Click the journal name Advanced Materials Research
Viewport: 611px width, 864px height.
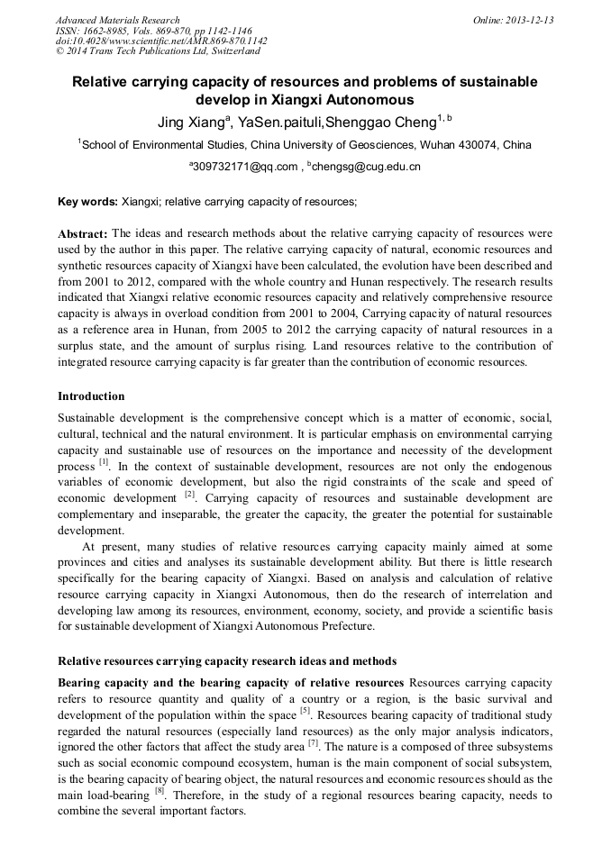click(x=117, y=20)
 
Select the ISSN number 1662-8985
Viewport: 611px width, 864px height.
click(x=103, y=31)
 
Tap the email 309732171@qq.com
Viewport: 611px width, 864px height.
click(x=243, y=167)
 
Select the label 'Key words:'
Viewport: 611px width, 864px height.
click(x=87, y=202)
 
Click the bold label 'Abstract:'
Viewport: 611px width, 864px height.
click(x=83, y=233)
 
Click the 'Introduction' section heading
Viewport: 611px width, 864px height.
click(x=91, y=396)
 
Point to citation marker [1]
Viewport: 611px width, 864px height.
click(x=104, y=463)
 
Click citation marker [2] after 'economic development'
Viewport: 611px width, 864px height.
click(x=190, y=495)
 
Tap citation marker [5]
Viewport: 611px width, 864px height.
click(x=305, y=710)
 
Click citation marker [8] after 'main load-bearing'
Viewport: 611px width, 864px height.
click(x=159, y=791)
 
